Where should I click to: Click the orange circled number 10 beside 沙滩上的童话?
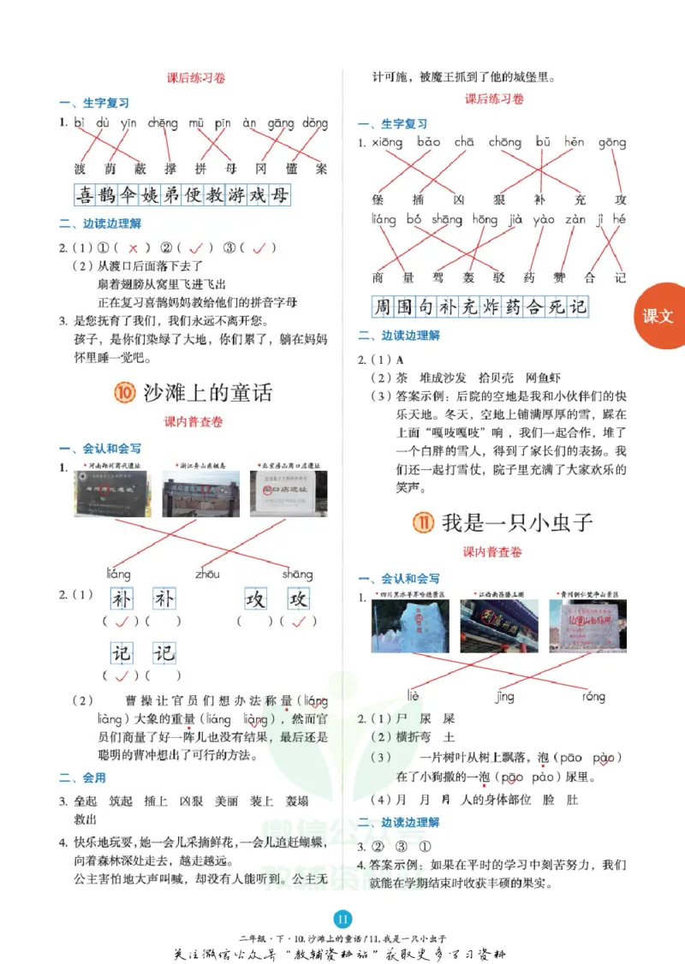125,393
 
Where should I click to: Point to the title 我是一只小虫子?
517,522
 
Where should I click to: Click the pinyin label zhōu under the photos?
207,574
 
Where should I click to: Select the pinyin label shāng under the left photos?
297,574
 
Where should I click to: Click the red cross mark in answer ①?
133,248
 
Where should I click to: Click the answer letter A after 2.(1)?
399,360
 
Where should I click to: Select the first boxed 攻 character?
256,598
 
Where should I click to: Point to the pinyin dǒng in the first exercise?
314,123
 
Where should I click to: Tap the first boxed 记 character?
122,654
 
